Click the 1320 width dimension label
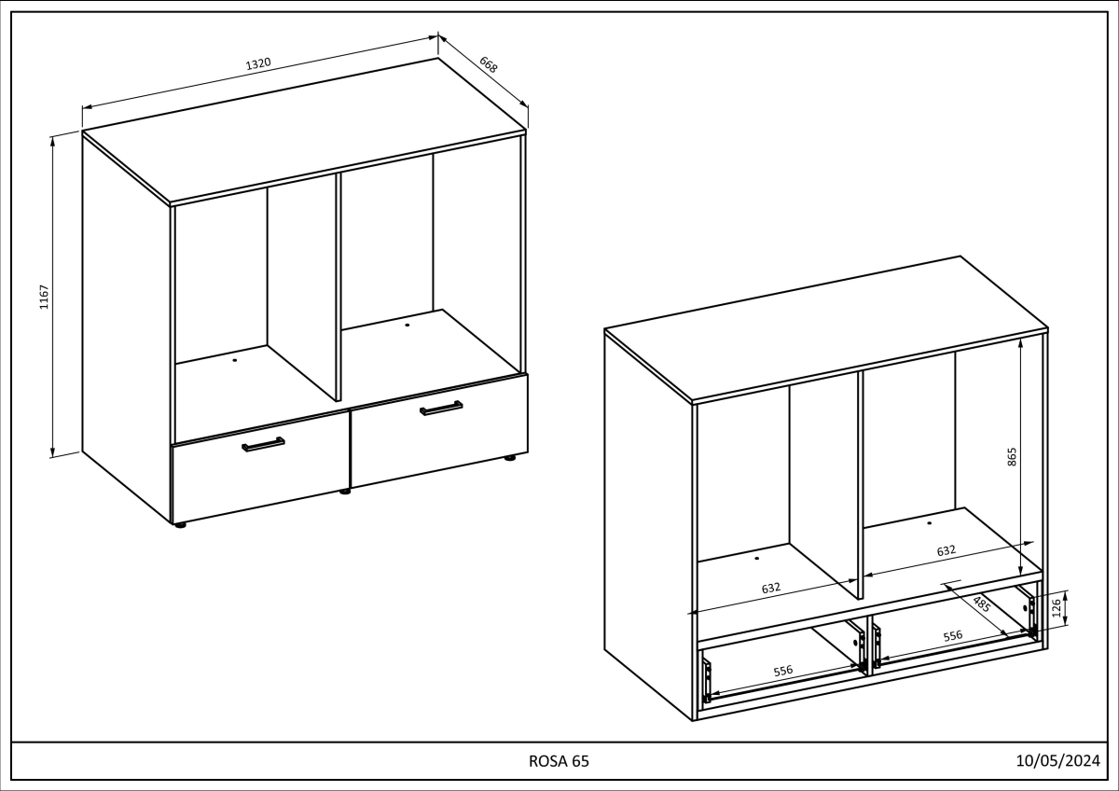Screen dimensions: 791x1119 tap(258, 63)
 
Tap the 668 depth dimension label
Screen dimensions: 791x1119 tap(489, 64)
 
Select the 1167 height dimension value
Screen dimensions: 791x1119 tap(44, 297)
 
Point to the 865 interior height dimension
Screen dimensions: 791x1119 tap(1013, 456)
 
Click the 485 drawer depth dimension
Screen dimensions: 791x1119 tap(981, 603)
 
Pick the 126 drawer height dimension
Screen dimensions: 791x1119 tap(1056, 608)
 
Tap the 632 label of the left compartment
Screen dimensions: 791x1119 tap(771, 588)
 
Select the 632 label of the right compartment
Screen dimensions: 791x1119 tap(946, 550)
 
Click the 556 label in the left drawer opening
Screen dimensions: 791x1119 tap(783, 671)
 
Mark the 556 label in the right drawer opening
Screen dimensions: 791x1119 tap(952, 635)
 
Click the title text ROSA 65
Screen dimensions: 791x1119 tap(559, 761)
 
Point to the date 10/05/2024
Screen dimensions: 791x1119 tap(1058, 761)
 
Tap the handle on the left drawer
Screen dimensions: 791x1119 tap(263, 445)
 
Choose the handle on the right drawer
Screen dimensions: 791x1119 tap(441, 408)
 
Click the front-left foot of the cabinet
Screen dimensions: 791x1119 tap(180, 525)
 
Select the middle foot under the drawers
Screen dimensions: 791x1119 tap(345, 491)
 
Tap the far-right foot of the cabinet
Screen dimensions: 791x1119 tap(510, 458)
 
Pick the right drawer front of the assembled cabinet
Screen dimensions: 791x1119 tap(438, 434)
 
